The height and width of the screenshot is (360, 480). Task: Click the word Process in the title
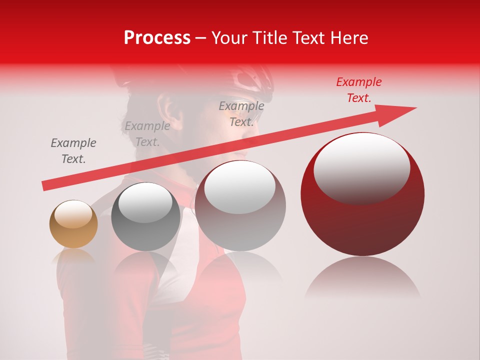[157, 38]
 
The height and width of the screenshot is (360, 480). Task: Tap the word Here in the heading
[349, 38]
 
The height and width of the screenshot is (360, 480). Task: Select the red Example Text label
[358, 90]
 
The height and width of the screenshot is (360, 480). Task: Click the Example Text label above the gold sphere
[73, 151]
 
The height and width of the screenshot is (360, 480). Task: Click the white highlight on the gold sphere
[73, 214]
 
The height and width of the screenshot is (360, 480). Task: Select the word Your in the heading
[228, 38]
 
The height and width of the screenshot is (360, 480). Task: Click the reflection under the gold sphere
[73, 257]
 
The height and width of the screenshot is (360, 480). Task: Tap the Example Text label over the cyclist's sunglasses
[241, 114]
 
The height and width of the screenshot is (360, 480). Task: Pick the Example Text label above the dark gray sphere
[147, 134]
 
